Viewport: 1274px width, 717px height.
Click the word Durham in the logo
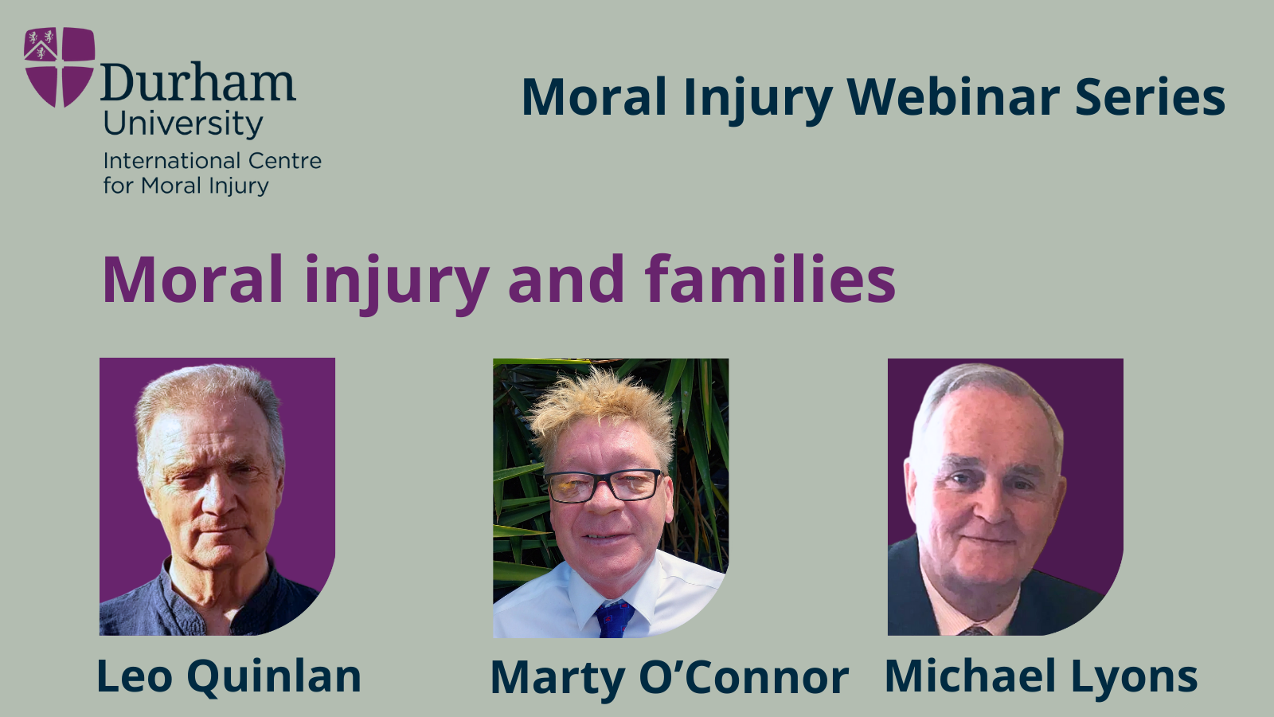tap(198, 83)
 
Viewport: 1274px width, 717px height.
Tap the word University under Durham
tap(182, 124)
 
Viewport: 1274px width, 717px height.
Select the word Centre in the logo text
tap(285, 161)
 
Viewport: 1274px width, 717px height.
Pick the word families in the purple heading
tap(770, 280)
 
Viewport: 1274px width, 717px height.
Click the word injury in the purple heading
tap(397, 284)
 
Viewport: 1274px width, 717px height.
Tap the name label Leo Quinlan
tap(229, 676)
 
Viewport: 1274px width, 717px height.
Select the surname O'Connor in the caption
tap(744, 678)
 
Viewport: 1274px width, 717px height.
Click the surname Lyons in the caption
tap(1135, 678)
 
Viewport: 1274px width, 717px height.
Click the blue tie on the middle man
tap(614, 620)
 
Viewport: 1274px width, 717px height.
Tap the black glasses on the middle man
tap(604, 485)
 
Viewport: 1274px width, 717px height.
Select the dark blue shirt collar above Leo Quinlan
tap(210, 597)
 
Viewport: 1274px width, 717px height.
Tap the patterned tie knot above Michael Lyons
tap(975, 630)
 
